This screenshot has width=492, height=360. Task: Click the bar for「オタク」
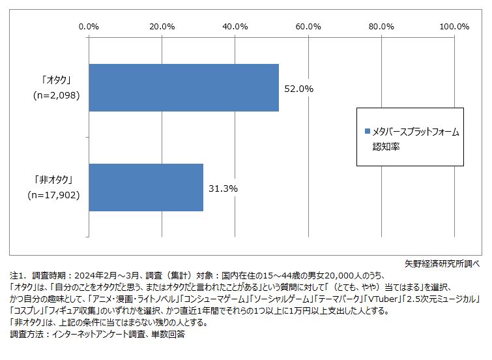(x=183, y=87)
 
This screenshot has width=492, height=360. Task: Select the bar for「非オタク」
(x=145, y=187)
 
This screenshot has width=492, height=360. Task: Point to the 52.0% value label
(x=299, y=88)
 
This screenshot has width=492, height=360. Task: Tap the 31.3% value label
(x=223, y=188)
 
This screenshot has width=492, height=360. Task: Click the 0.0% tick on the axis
(x=88, y=27)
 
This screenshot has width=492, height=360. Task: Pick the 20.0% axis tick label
(x=162, y=27)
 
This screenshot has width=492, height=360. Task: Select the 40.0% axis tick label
(x=235, y=27)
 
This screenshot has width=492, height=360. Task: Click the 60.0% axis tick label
(x=308, y=27)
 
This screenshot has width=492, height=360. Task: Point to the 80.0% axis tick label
(x=381, y=27)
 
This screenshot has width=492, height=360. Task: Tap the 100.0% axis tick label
(x=454, y=27)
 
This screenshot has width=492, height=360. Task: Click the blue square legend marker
(x=367, y=132)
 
